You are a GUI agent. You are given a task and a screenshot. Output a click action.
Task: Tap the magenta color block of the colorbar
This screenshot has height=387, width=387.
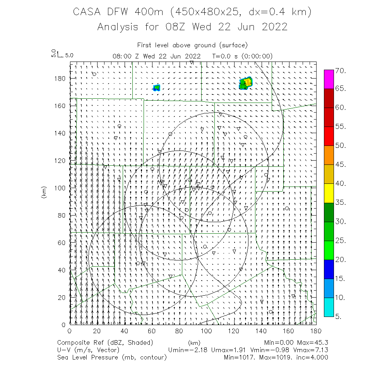[x=329, y=79]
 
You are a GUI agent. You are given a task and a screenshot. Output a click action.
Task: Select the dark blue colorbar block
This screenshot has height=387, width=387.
[x=329, y=269]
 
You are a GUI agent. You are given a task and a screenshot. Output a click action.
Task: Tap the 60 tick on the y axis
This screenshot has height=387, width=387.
[x=61, y=243]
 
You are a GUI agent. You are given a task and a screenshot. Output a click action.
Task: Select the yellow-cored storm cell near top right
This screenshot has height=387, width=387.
[x=246, y=83]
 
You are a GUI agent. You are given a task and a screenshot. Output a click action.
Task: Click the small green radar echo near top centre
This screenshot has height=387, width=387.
[x=156, y=87]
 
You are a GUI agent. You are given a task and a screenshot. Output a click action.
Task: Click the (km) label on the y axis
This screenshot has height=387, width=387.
[x=43, y=193]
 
